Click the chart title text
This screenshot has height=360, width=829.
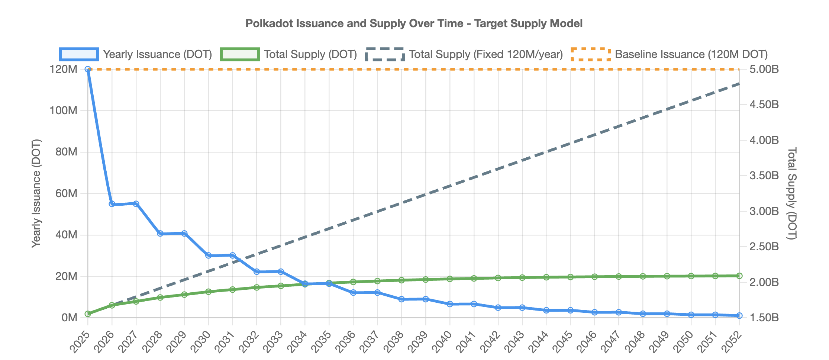click(414, 23)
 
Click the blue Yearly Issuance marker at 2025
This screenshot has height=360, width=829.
click(88, 69)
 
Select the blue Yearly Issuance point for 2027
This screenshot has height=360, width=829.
click(136, 204)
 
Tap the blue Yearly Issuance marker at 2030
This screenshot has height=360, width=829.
click(209, 255)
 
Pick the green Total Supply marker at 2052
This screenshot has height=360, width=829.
click(739, 276)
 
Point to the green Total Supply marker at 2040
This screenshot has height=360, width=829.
click(450, 279)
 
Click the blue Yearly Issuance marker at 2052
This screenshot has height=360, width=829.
click(739, 315)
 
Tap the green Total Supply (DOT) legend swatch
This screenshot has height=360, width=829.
click(240, 54)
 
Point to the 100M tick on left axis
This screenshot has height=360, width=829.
click(64, 110)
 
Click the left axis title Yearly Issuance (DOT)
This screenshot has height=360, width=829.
click(36, 193)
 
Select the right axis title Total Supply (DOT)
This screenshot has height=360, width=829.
click(792, 193)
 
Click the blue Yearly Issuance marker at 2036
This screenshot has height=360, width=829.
click(353, 293)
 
